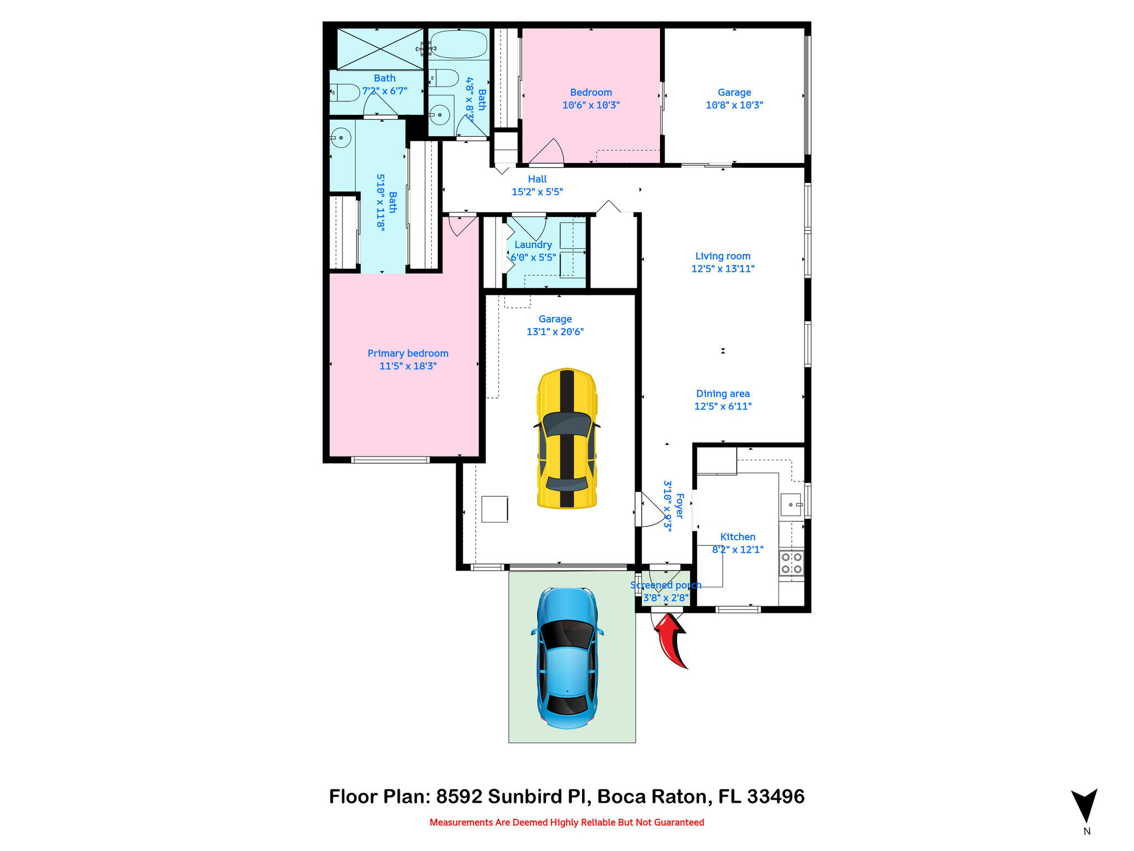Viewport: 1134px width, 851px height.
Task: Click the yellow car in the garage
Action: tap(567, 438)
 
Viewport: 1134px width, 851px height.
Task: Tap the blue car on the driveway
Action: tap(567, 658)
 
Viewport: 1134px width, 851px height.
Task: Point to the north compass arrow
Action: tap(1084, 806)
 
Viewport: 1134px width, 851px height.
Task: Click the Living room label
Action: tap(723, 256)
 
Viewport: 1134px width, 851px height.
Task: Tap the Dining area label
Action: tap(723, 393)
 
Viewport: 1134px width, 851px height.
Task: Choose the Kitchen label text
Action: tap(738, 537)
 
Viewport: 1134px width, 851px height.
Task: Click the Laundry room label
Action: tap(533, 245)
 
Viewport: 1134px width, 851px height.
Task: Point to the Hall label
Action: tap(537, 179)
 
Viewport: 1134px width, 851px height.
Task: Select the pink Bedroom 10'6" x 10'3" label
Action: tap(591, 99)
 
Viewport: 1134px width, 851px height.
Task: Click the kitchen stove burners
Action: tap(791, 563)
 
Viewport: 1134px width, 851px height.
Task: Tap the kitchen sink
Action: tap(791, 505)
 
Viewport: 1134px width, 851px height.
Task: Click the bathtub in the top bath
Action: tap(459, 44)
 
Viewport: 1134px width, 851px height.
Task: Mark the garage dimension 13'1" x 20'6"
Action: tap(555, 332)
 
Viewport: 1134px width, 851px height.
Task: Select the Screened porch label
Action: tap(666, 585)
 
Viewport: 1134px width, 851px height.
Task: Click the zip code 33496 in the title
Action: tap(776, 797)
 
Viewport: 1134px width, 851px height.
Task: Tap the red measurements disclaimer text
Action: tap(567, 822)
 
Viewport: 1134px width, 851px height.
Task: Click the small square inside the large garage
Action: tap(494, 509)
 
